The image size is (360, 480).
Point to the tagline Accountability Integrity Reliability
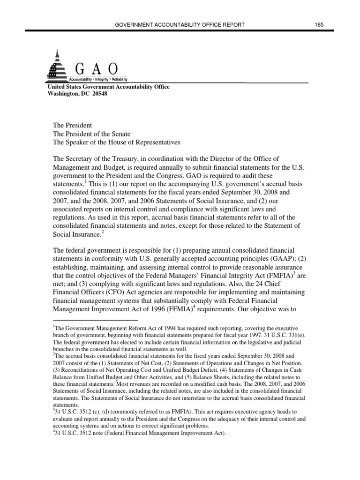pyautogui.click(x=98, y=79)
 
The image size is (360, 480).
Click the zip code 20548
pyautogui.click(x=98, y=93)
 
